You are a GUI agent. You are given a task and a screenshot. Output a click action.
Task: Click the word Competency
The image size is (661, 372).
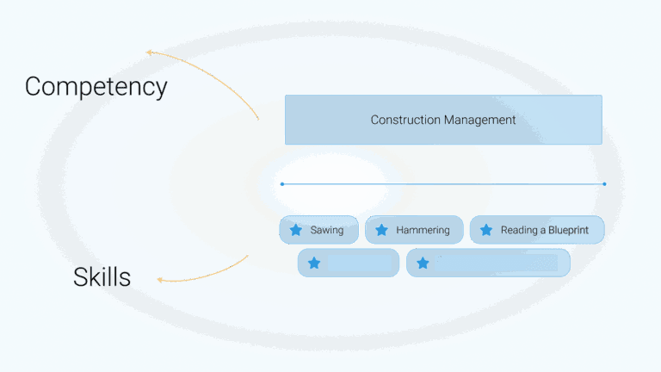pyautogui.click(x=96, y=87)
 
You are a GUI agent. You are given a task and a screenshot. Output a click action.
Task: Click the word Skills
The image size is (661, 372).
pyautogui.click(x=102, y=277)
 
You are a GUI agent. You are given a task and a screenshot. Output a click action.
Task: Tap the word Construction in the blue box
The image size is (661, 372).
pyautogui.click(x=405, y=121)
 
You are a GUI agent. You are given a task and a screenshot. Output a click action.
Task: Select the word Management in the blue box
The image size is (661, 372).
pyautogui.click(x=479, y=121)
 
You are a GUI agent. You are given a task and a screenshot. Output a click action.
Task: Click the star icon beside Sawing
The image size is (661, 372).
pyautogui.click(x=296, y=230)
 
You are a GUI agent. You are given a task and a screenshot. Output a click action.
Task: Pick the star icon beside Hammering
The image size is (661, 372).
pyautogui.click(x=381, y=230)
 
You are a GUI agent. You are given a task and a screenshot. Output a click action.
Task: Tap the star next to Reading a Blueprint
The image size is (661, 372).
pyautogui.click(x=486, y=230)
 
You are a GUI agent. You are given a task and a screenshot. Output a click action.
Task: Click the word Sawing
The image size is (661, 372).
pyautogui.click(x=327, y=230)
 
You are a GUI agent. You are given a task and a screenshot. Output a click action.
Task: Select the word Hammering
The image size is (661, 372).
pyautogui.click(x=423, y=230)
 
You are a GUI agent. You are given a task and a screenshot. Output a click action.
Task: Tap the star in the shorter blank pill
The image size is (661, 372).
pyautogui.click(x=314, y=263)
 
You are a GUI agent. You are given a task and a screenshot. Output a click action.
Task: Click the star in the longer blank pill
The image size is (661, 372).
pyautogui.click(x=423, y=263)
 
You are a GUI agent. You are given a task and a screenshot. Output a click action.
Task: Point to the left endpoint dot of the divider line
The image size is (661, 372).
pyautogui.click(x=282, y=184)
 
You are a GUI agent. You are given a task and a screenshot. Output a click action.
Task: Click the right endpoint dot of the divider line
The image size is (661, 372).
pyautogui.click(x=604, y=184)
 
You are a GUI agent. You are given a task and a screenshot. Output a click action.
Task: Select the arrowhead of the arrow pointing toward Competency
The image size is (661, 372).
pyautogui.click(x=149, y=53)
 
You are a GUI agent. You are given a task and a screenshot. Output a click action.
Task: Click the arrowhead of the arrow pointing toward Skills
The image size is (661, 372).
pyautogui.click(x=159, y=280)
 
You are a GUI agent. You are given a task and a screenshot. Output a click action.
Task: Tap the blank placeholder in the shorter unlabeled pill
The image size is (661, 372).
pyautogui.click(x=360, y=263)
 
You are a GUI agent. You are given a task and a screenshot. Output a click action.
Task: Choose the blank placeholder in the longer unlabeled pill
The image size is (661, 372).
pyautogui.click(x=497, y=263)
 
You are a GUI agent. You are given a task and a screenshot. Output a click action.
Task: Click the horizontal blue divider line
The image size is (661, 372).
pyautogui.click(x=443, y=184)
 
